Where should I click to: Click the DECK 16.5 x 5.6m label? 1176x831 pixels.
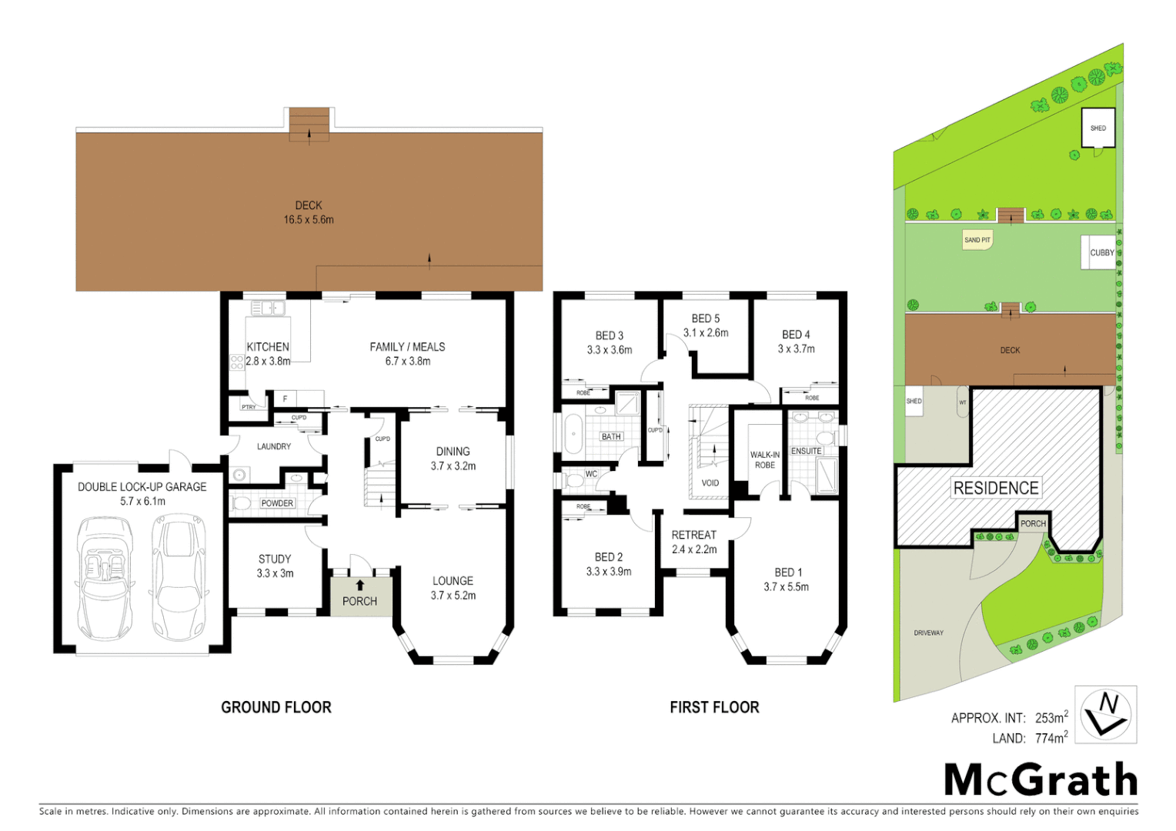click(x=308, y=212)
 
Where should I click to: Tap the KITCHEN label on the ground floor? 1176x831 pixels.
click(x=268, y=347)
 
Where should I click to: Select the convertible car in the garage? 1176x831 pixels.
click(x=104, y=577)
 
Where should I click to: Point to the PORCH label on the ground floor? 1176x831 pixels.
click(x=359, y=601)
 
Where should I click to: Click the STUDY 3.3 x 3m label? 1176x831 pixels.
click(x=275, y=566)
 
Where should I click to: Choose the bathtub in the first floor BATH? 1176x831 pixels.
click(x=573, y=435)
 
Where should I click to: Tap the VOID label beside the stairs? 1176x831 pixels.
click(x=710, y=483)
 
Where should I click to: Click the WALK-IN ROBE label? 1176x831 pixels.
click(x=764, y=460)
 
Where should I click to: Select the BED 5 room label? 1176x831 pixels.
click(x=705, y=319)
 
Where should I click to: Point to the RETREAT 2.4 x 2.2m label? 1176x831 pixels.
click(x=693, y=542)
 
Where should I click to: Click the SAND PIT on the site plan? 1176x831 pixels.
click(x=977, y=240)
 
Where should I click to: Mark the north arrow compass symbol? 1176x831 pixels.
click(x=1105, y=715)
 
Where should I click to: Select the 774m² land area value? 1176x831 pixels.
click(x=1051, y=738)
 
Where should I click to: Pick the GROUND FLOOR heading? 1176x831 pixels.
click(x=276, y=707)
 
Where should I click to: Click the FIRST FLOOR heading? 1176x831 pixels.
click(x=714, y=707)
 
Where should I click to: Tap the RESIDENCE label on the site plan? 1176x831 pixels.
click(x=996, y=488)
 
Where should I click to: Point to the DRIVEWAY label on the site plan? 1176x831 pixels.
click(x=928, y=633)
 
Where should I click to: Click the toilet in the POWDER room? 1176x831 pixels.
click(x=242, y=504)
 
